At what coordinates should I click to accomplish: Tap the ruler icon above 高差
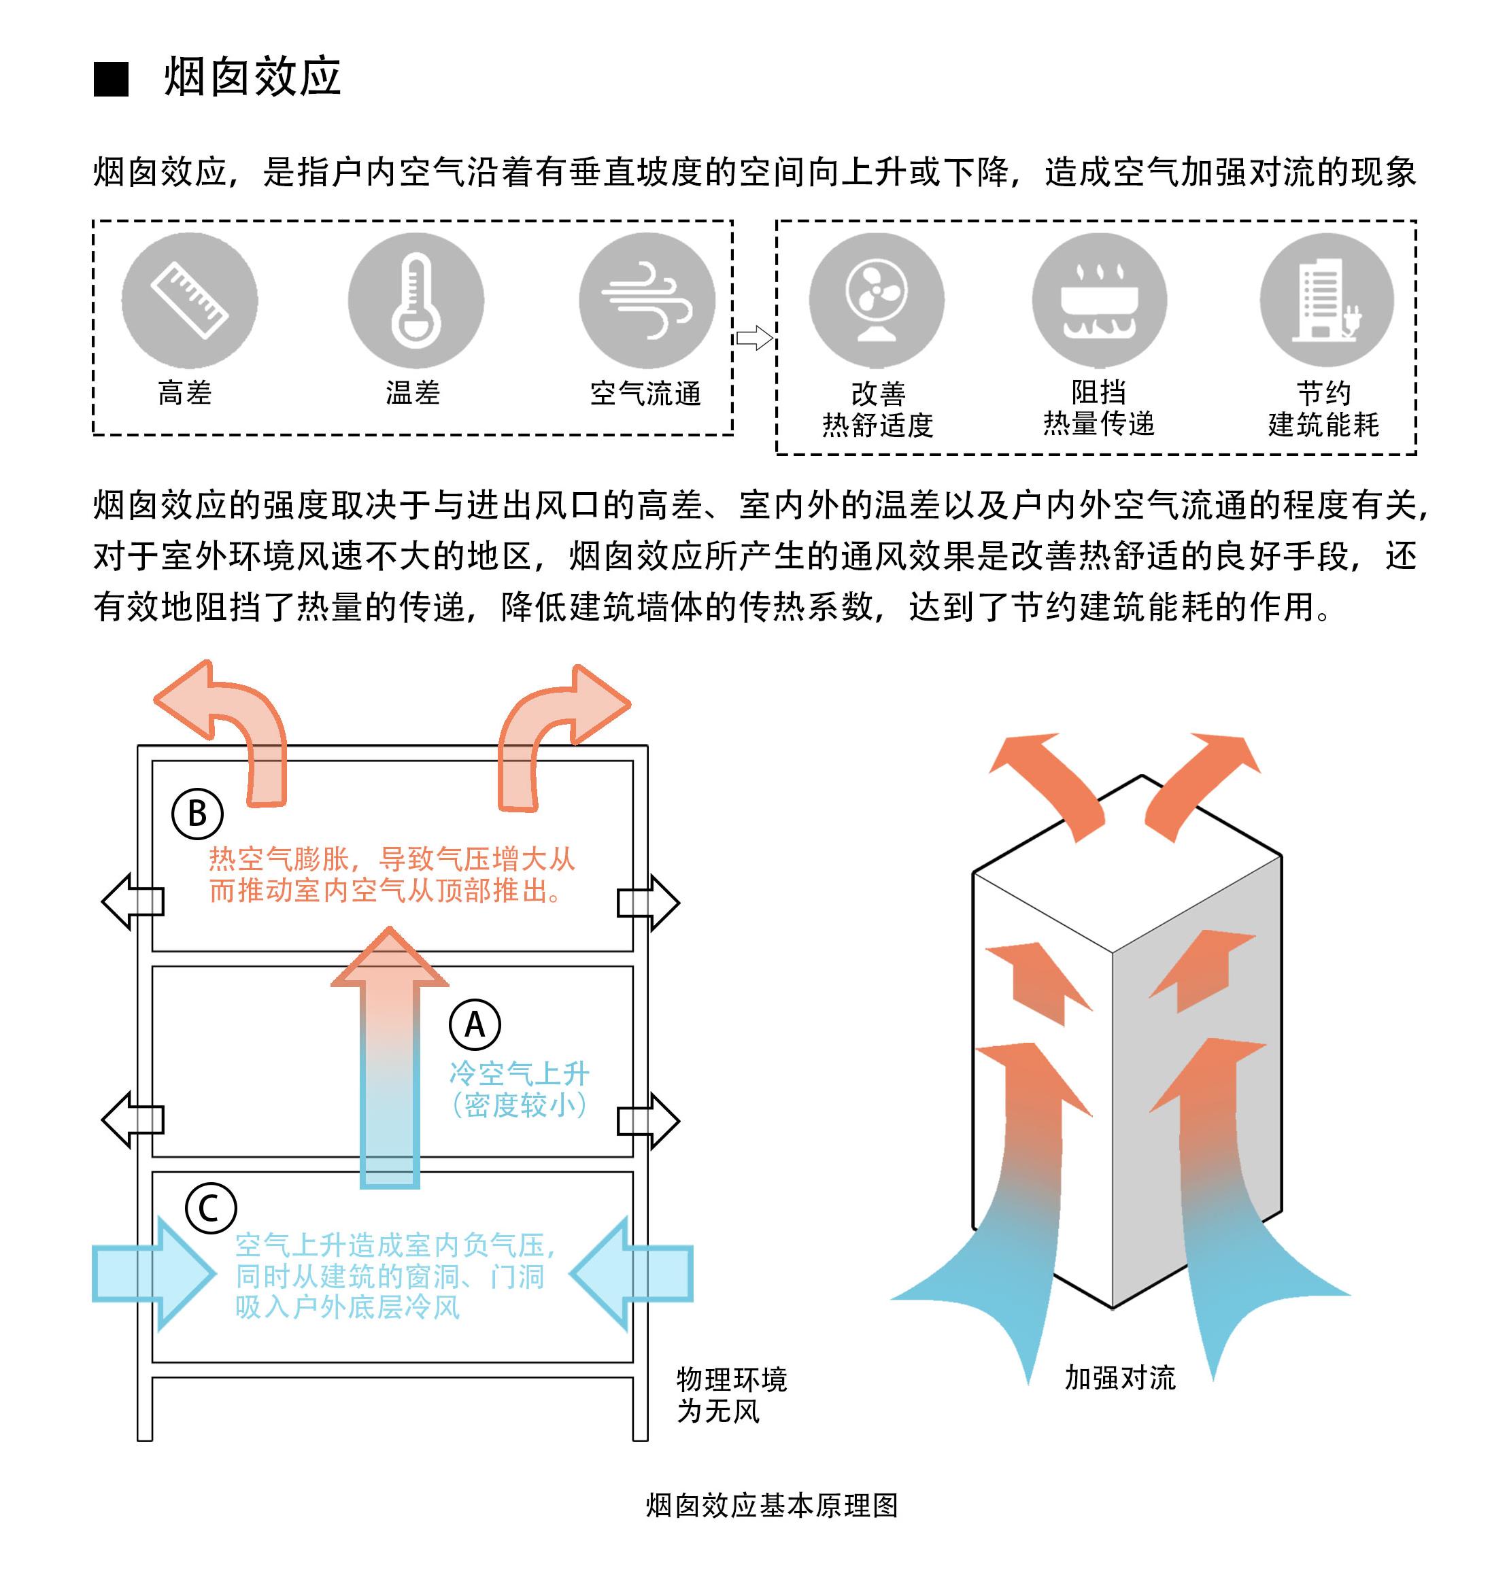click(190, 301)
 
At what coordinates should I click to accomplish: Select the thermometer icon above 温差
click(416, 301)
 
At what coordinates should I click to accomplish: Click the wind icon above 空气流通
click(647, 301)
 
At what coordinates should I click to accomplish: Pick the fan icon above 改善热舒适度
click(877, 300)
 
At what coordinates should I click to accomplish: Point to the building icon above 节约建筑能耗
click(1327, 300)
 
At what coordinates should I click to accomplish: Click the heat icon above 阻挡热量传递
click(1099, 300)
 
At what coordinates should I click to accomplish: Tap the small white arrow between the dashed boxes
click(754, 338)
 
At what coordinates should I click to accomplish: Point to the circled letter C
click(210, 1208)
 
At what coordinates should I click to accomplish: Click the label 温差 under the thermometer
click(413, 393)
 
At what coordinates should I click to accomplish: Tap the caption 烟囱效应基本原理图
click(771, 1505)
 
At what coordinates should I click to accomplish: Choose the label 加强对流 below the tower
click(1119, 1377)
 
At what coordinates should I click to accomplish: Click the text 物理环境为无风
click(730, 1394)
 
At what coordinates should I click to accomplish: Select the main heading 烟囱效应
click(252, 77)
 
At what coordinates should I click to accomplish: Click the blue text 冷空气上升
click(519, 1073)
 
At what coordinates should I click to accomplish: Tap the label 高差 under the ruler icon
click(185, 393)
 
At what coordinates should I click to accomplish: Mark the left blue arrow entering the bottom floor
click(152, 1273)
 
